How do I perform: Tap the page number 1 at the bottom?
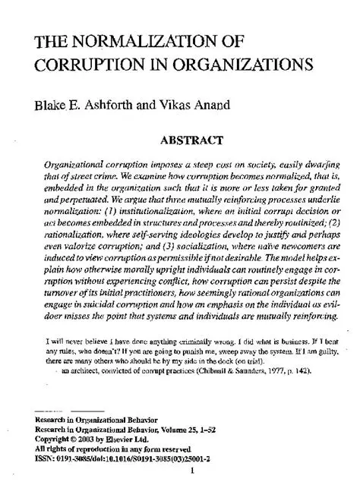[194, 470]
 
